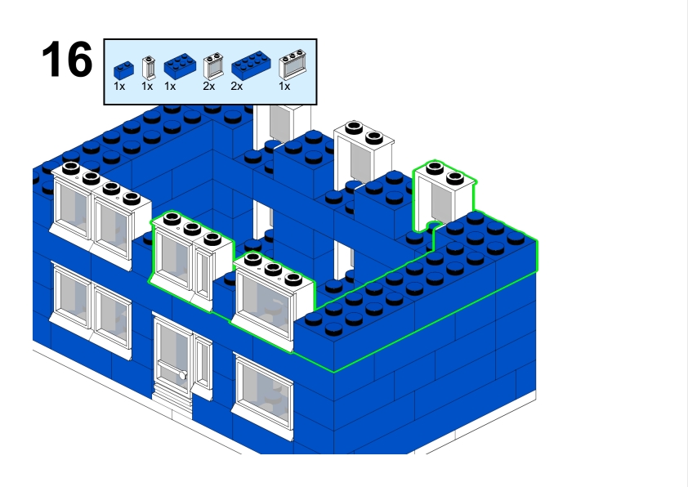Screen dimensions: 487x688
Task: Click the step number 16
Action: point(67,60)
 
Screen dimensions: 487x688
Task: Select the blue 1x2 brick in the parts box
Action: point(123,69)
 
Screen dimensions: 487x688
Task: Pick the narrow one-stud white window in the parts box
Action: point(148,68)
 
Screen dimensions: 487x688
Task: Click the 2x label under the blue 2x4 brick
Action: point(236,86)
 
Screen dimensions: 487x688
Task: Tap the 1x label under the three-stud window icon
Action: point(284,86)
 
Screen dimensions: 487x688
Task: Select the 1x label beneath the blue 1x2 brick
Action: point(119,86)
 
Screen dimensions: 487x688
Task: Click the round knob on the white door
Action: point(182,376)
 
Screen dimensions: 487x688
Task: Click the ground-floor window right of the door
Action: point(263,391)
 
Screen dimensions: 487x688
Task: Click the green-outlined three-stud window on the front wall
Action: point(272,298)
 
